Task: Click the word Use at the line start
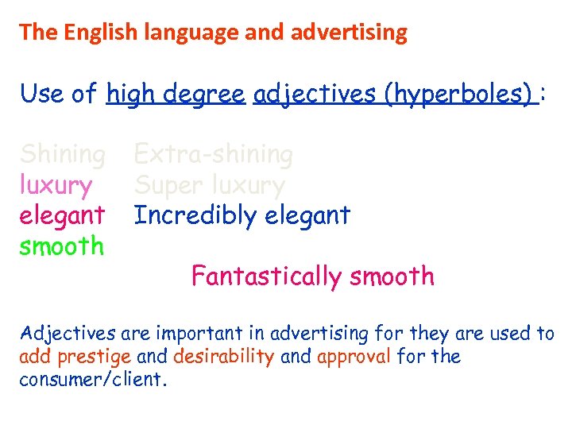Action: (42, 94)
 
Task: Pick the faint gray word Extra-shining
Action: (213, 153)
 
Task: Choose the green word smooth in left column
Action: (62, 246)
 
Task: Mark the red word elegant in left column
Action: (62, 215)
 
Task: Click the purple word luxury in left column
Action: (56, 185)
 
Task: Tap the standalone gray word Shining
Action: (62, 153)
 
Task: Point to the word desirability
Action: (223, 356)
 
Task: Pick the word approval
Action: (354, 356)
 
